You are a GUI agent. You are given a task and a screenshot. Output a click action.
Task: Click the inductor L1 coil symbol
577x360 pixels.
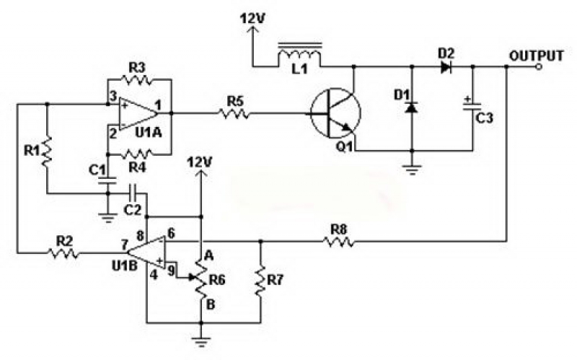point(300,56)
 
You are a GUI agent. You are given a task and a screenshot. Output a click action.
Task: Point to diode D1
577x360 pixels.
point(412,108)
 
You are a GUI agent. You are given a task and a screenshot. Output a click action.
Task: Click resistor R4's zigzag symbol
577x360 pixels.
point(137,153)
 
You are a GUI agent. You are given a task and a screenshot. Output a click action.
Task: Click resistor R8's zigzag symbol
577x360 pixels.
point(339,241)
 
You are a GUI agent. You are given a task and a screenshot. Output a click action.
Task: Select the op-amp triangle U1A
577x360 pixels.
point(137,113)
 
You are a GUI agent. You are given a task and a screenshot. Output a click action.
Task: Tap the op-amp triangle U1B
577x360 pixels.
point(146,253)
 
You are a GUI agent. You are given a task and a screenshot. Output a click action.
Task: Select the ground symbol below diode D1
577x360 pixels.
point(412,171)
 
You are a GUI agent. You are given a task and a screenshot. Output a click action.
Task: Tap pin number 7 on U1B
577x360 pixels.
point(125,244)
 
